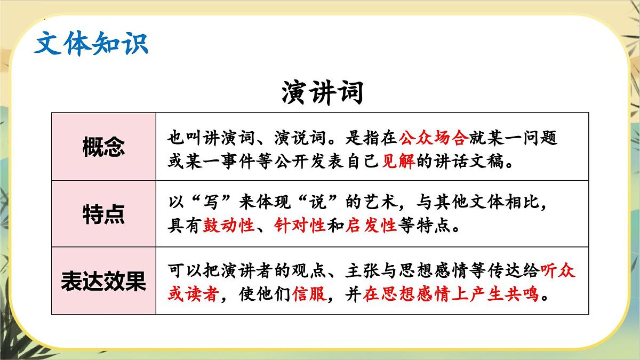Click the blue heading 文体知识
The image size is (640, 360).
pyautogui.click(x=91, y=44)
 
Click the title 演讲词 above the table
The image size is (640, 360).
pyautogui.click(x=321, y=93)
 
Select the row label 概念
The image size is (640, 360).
pyautogui.click(x=103, y=147)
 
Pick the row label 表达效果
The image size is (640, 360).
pyautogui.click(x=103, y=281)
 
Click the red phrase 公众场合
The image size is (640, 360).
pyautogui.click(x=433, y=138)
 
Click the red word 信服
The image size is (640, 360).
pyautogui.click(x=309, y=294)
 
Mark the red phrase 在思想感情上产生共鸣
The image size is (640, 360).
pyautogui.click(x=451, y=294)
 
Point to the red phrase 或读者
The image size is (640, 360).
pyautogui.click(x=193, y=294)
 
